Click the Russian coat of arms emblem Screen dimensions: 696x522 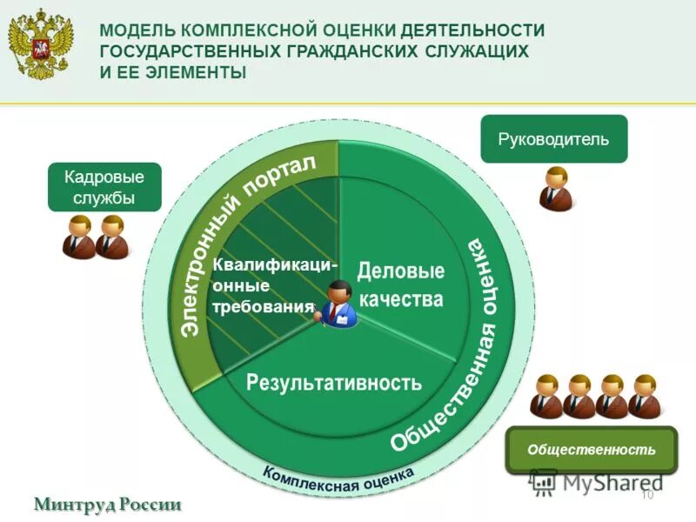pos(41,43)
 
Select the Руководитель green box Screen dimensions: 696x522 pos(553,139)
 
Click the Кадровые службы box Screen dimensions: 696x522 pos(104,187)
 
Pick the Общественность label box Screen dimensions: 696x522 pos(592,450)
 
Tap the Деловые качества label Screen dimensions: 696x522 pos(400,285)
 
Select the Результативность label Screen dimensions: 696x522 pos(333,381)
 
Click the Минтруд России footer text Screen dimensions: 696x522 pos(109,504)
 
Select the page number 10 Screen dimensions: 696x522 pos(646,495)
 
